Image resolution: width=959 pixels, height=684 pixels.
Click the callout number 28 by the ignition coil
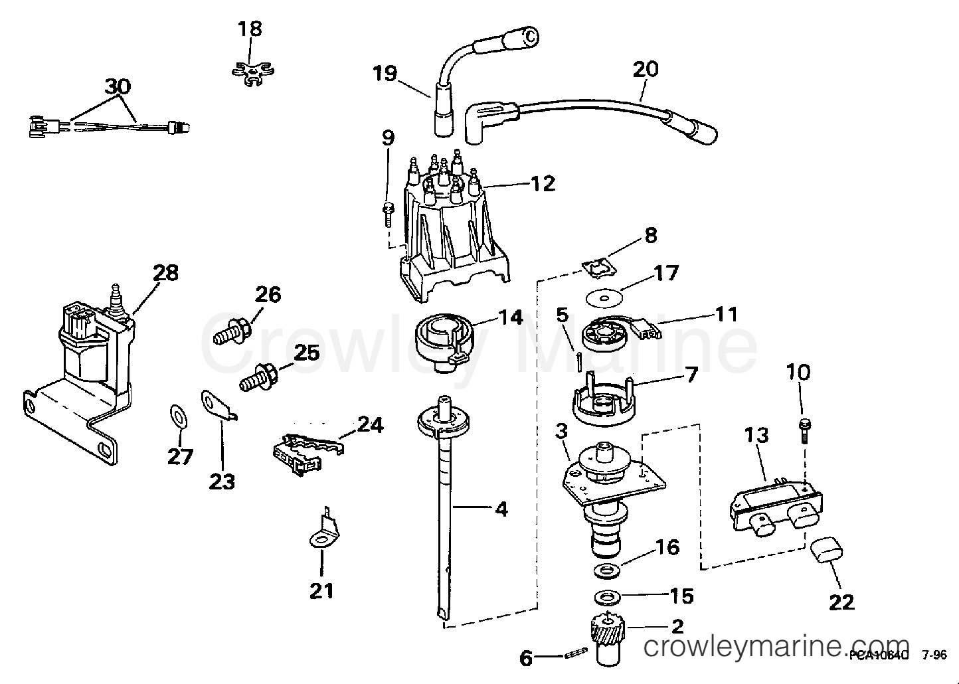(x=165, y=272)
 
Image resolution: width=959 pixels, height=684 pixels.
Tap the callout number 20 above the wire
(x=646, y=69)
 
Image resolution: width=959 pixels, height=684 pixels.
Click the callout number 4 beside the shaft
(x=501, y=509)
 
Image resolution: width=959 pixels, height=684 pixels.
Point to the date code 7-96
(x=934, y=655)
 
